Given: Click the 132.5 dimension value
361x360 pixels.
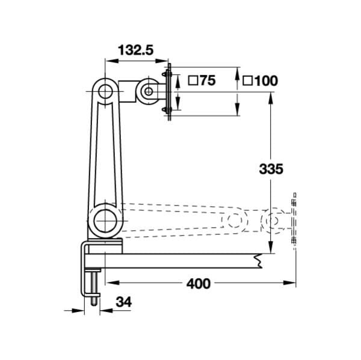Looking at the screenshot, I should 134,50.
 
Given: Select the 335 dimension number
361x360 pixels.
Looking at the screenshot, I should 271,169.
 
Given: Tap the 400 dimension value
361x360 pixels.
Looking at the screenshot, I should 198,283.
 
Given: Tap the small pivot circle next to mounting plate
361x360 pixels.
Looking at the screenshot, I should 147,91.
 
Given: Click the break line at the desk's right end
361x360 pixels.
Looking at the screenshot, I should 258,260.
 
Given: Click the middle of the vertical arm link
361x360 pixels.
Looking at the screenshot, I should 105,153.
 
